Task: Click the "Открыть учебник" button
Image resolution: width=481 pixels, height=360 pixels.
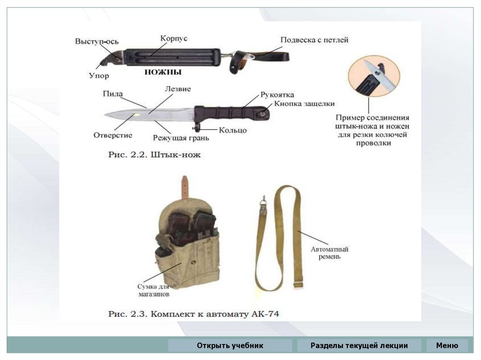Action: click(230, 346)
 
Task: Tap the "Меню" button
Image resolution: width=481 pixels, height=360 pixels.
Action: click(447, 346)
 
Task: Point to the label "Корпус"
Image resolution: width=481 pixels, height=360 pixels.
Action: click(173, 38)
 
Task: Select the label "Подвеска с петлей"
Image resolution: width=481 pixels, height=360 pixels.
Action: click(314, 40)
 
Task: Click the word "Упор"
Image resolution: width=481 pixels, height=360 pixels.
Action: click(99, 75)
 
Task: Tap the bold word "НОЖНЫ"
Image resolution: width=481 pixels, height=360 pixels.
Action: click(162, 73)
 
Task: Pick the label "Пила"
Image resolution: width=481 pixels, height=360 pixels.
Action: click(113, 94)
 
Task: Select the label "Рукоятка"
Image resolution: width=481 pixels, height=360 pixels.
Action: click(277, 95)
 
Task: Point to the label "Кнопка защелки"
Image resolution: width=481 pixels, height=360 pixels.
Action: click(304, 104)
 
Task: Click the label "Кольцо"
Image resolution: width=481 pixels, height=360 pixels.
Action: click(232, 130)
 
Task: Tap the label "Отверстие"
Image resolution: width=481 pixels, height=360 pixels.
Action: click(113, 135)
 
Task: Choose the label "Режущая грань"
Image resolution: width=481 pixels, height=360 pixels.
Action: click(181, 138)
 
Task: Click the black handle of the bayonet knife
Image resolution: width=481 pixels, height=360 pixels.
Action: click(230, 113)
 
